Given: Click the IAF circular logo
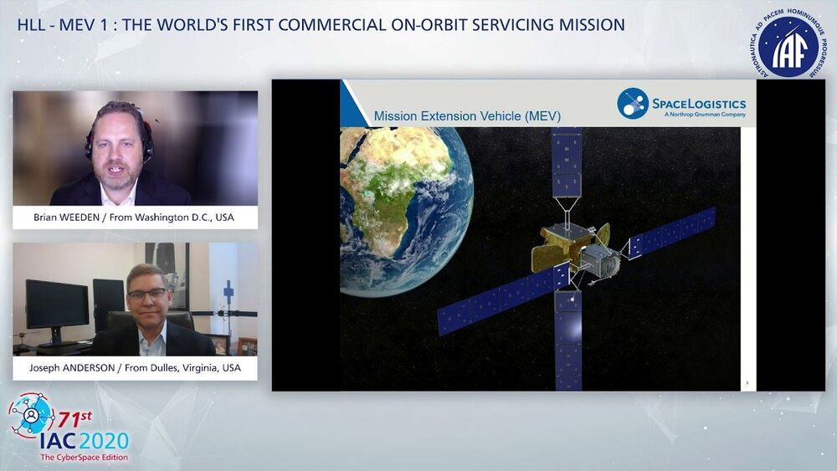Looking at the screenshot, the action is (x=788, y=43).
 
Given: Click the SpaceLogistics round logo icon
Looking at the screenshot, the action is (x=633, y=104).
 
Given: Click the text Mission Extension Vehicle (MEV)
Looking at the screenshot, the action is (x=467, y=116).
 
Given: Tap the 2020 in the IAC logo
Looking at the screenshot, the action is (x=104, y=441).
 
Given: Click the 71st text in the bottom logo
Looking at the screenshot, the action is (x=74, y=419).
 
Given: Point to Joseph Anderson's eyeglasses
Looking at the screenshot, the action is (x=146, y=294).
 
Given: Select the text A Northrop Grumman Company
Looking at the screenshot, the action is (x=705, y=114).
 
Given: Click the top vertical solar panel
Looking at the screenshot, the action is (x=567, y=161).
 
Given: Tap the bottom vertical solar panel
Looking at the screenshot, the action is (x=568, y=340).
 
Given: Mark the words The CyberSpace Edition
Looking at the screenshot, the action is (x=85, y=457).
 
